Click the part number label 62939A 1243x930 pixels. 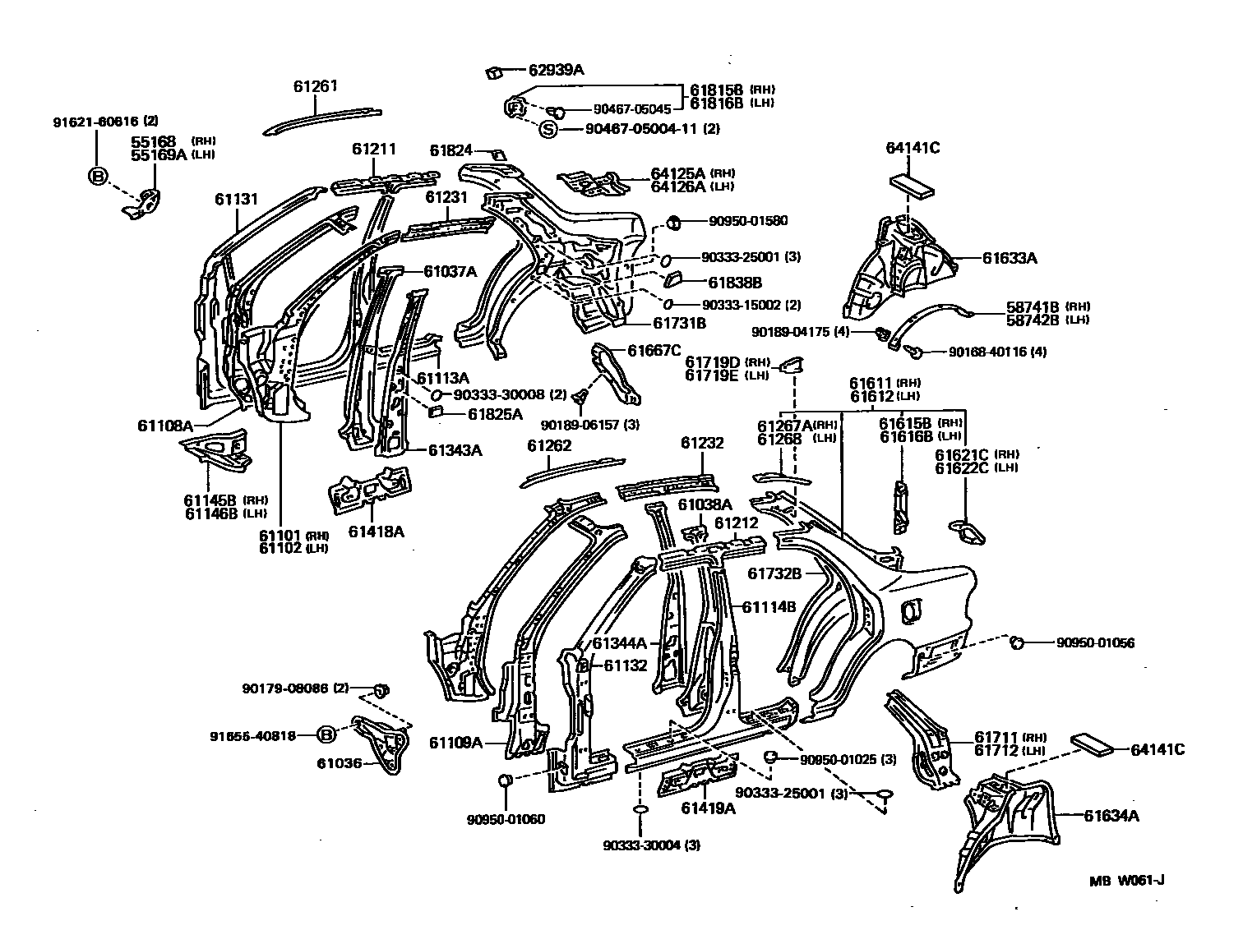pos(556,71)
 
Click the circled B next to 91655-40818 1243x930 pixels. pos(326,735)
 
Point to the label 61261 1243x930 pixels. pos(316,86)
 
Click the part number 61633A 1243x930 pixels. pos(1010,258)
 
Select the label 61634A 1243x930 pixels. pos(1111,815)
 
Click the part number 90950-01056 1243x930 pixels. pos(1096,643)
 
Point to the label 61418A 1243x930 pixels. pos(376,532)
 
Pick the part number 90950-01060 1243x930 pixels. pos(506,819)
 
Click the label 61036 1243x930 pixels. pos(339,763)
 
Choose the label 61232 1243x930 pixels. pos(701,443)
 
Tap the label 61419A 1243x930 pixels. pos(708,808)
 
